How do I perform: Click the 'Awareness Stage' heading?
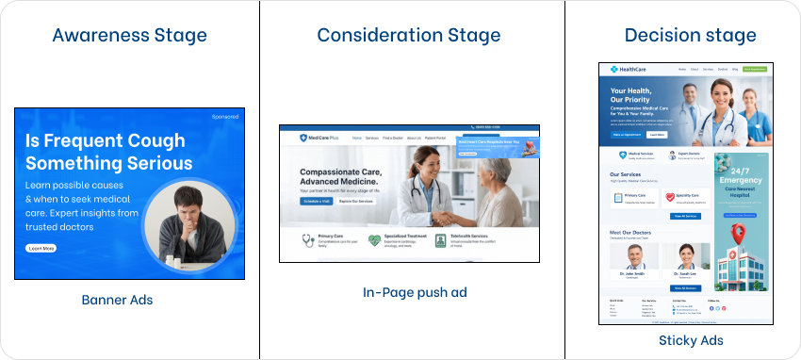(x=130, y=37)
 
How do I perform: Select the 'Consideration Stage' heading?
(x=409, y=37)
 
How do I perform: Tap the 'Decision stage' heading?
(x=690, y=37)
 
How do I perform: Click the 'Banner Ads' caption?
(x=118, y=301)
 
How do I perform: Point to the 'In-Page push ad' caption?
(x=415, y=293)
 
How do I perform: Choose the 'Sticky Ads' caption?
(x=691, y=340)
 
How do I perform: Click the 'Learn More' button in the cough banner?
(x=41, y=248)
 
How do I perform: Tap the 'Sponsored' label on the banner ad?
(x=225, y=117)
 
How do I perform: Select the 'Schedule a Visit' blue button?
(x=316, y=201)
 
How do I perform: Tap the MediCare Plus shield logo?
(x=303, y=138)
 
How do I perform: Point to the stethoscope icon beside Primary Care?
(x=307, y=240)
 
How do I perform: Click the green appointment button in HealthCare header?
(x=754, y=69)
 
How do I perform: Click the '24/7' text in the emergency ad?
(x=741, y=167)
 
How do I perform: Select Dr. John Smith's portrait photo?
(x=634, y=257)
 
